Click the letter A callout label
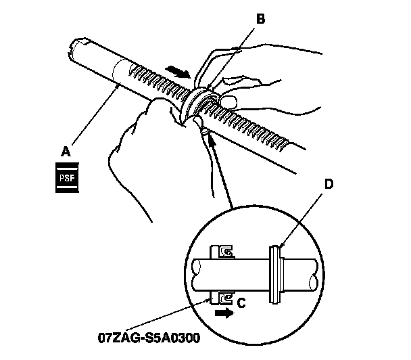pos(66,152)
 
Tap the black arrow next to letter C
pos(221,313)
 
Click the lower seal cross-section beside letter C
pos(224,296)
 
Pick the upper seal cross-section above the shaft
pos(224,252)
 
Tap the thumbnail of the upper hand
pos(228,102)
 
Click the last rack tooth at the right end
pos(288,143)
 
